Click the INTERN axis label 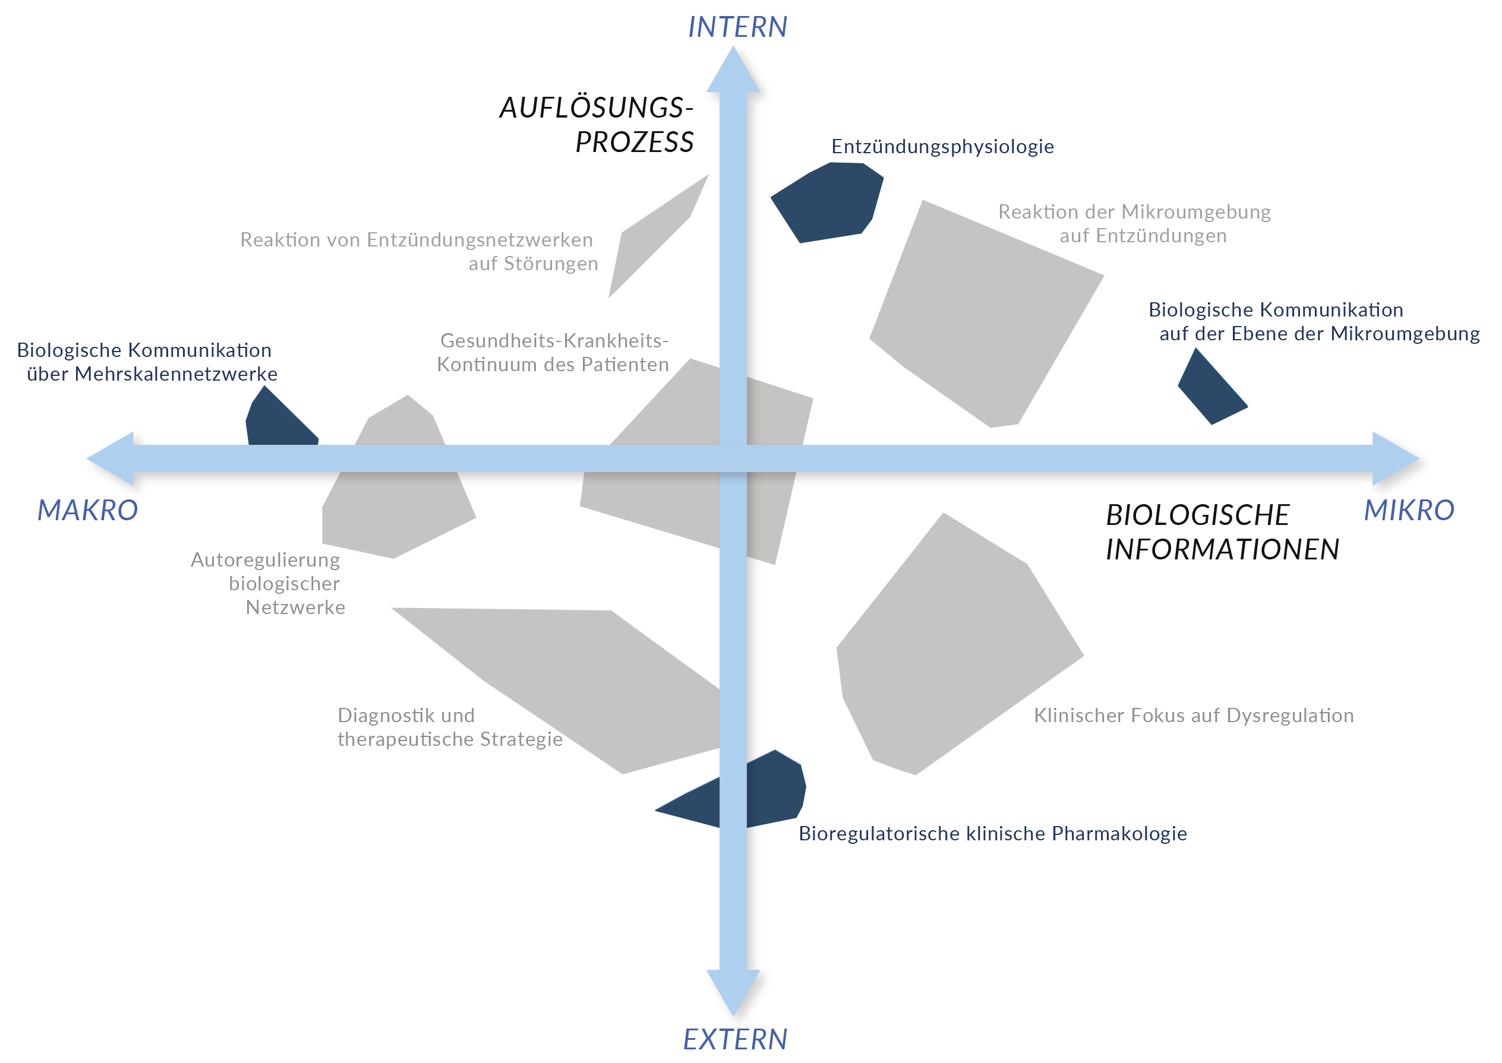pos(737,27)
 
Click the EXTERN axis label pos(734,1039)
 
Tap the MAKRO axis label pos(88,511)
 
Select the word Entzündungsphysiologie pos(942,147)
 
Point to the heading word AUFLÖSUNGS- pos(596,108)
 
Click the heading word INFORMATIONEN pos(1222,550)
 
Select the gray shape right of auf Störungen pos(655,236)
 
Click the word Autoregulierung pos(265,560)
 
